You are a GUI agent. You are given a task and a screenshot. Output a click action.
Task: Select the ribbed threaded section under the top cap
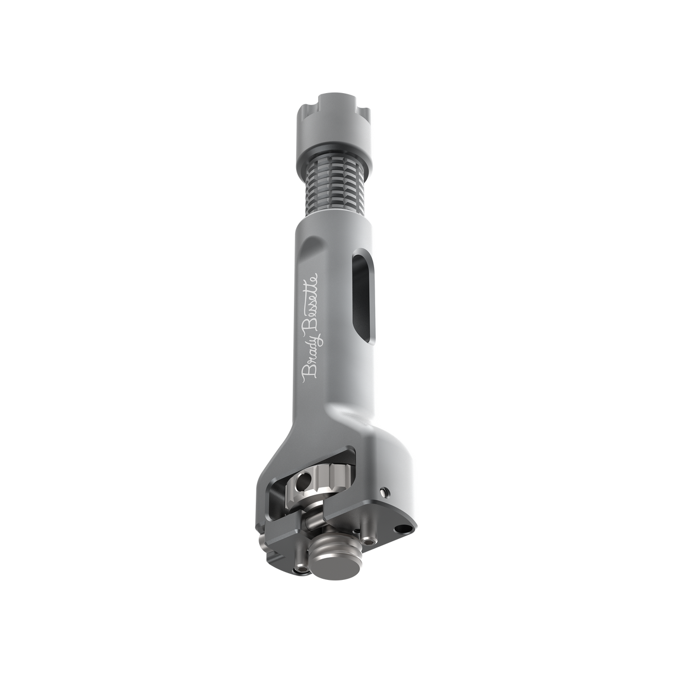(x=333, y=192)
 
